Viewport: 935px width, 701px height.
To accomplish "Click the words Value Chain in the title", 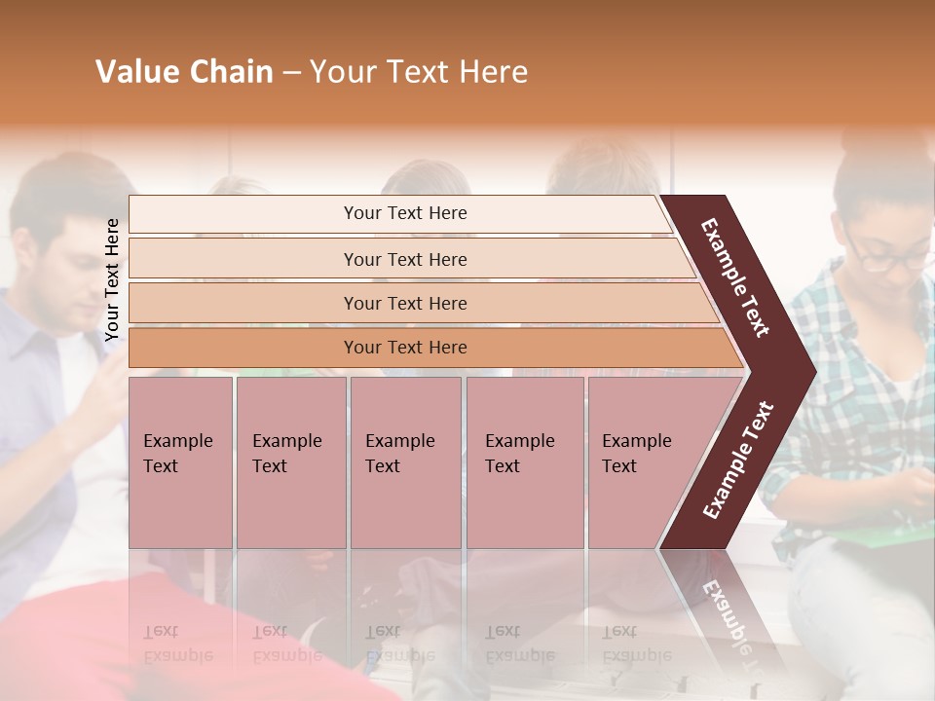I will pyautogui.click(x=184, y=72).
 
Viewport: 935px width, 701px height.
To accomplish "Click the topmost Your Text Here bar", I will pyautogui.click(x=404, y=213).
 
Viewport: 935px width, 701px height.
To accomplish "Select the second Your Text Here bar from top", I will pyautogui.click(x=404, y=259).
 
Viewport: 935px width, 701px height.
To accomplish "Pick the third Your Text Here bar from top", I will pyautogui.click(x=404, y=303).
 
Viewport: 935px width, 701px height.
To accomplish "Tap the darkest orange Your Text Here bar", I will pyautogui.click(x=404, y=348).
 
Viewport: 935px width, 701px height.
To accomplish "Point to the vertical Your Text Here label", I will pyautogui.click(x=112, y=279).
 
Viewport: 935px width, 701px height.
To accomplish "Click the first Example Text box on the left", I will pyautogui.click(x=180, y=462).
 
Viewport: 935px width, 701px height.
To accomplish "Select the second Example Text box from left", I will pyautogui.click(x=290, y=462).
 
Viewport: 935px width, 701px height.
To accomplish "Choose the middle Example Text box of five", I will pyautogui.click(x=405, y=462).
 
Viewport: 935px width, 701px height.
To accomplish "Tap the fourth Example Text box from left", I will pyautogui.click(x=524, y=462).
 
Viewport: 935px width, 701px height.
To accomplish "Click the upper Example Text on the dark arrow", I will pyautogui.click(x=735, y=277).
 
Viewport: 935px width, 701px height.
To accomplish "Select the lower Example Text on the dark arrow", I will pyautogui.click(x=738, y=460).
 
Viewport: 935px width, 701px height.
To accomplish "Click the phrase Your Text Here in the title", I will pyautogui.click(x=419, y=72).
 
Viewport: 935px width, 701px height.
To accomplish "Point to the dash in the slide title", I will pyautogui.click(x=291, y=73).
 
